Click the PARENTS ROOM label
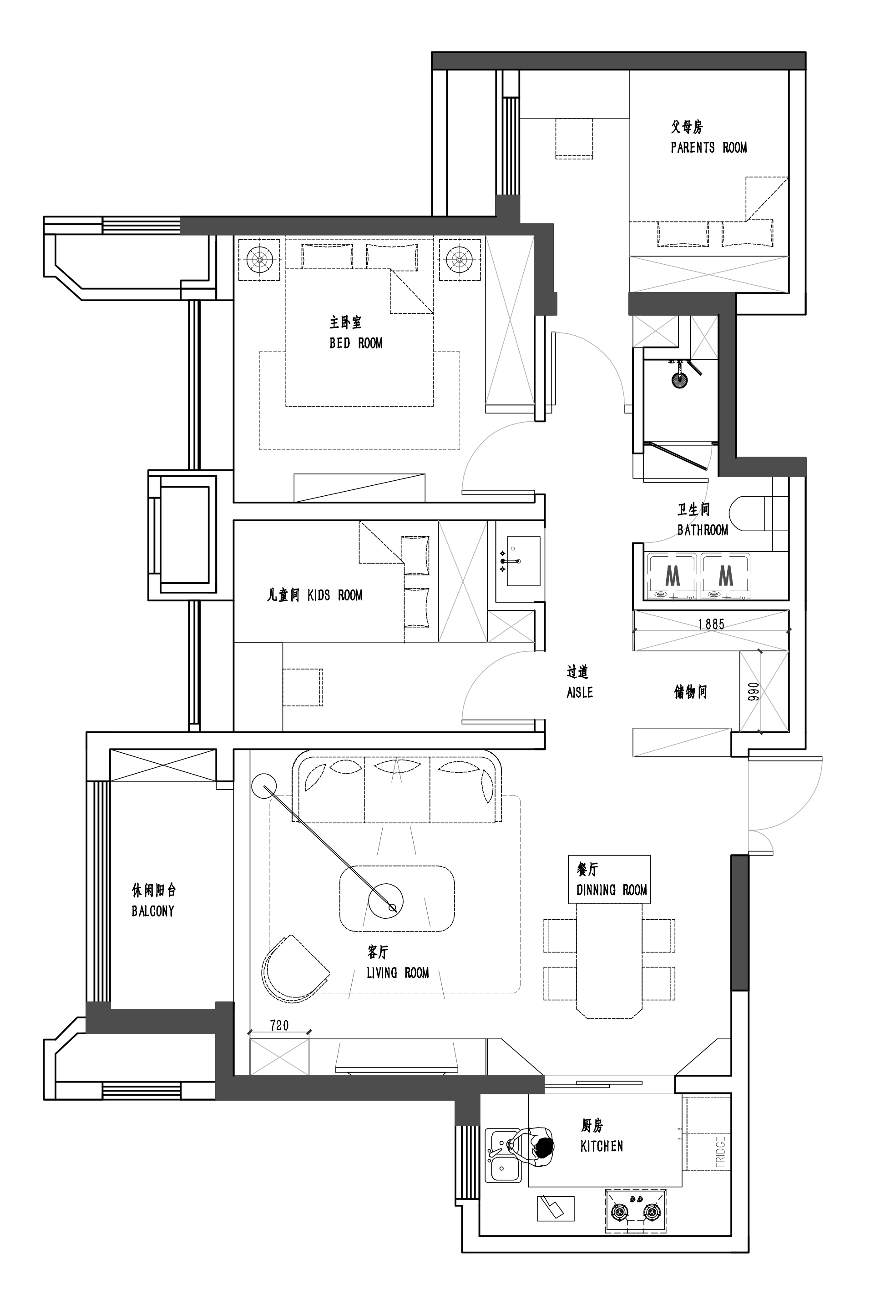(x=708, y=147)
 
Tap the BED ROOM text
(x=356, y=343)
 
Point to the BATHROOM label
(x=703, y=530)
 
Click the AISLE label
(x=580, y=692)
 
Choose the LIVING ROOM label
(x=397, y=972)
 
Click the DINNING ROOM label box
(x=609, y=879)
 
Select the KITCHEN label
(x=602, y=1146)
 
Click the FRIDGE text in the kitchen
(x=720, y=1152)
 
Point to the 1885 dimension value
(x=711, y=624)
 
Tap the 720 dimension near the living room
(x=279, y=1026)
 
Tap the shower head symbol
(x=679, y=380)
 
